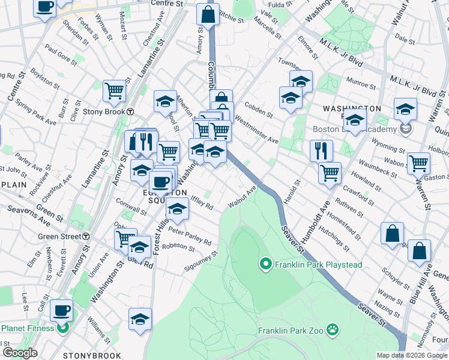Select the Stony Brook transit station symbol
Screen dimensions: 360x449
[x=130, y=112]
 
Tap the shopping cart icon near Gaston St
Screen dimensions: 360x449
[x=418, y=163]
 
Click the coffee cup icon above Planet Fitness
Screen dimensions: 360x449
[x=61, y=310]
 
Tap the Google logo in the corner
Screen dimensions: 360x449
[x=20, y=353]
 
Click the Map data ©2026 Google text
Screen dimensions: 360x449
[x=412, y=355]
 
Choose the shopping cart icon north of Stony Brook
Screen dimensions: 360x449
[x=114, y=91]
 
